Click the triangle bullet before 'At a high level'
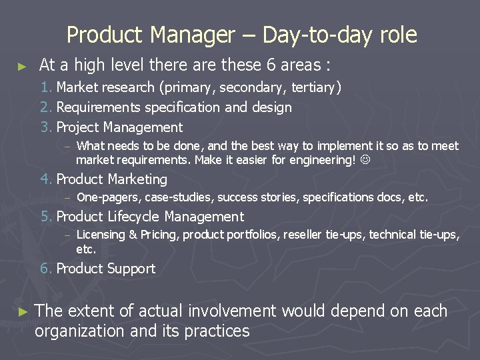(22, 66)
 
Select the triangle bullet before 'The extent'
(22, 312)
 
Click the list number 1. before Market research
(46, 87)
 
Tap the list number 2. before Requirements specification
(46, 107)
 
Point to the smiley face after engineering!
(365, 160)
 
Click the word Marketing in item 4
(137, 179)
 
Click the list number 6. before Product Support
(46, 269)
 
